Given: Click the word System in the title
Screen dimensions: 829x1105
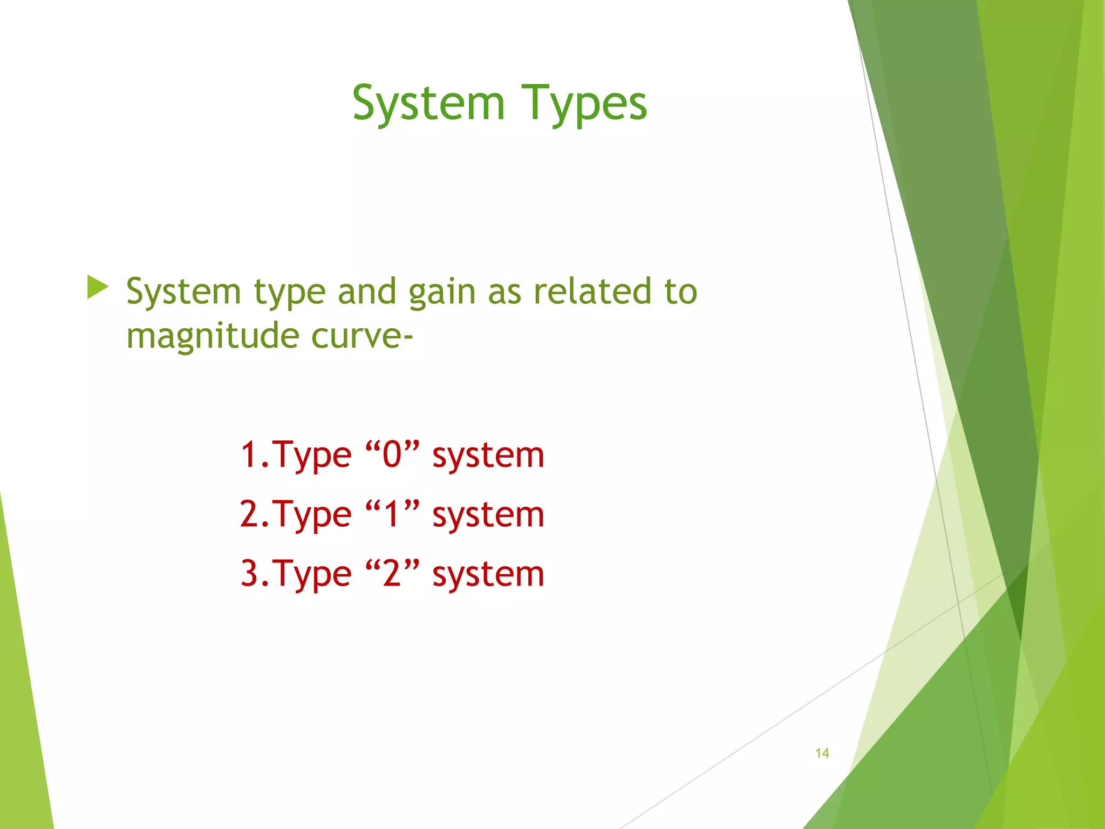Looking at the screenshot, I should [x=428, y=104].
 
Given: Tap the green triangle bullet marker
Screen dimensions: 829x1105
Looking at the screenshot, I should [x=97, y=287].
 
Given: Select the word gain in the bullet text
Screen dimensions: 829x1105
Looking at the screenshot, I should [x=442, y=292].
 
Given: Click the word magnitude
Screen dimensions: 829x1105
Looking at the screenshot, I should [x=212, y=336].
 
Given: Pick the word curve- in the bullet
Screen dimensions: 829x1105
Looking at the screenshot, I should [x=362, y=336].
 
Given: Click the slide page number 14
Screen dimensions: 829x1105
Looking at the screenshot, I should [x=822, y=753].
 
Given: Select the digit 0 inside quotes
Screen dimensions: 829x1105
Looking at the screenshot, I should [x=392, y=454].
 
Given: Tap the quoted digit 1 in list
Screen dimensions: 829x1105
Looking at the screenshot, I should [x=392, y=514].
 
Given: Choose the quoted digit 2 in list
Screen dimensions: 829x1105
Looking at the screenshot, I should [x=392, y=573].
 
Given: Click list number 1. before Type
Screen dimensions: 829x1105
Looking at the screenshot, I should [x=255, y=454].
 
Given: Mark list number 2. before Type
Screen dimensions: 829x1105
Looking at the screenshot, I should [x=255, y=514].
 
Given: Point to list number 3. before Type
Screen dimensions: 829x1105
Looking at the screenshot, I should [x=255, y=573].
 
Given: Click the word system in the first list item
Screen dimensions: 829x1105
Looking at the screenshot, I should [x=488, y=456].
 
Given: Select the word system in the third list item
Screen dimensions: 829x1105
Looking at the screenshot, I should [x=488, y=575].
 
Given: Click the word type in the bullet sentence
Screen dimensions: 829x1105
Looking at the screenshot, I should [x=290, y=293].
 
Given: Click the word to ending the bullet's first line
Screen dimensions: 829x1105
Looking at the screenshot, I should [x=681, y=291].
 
